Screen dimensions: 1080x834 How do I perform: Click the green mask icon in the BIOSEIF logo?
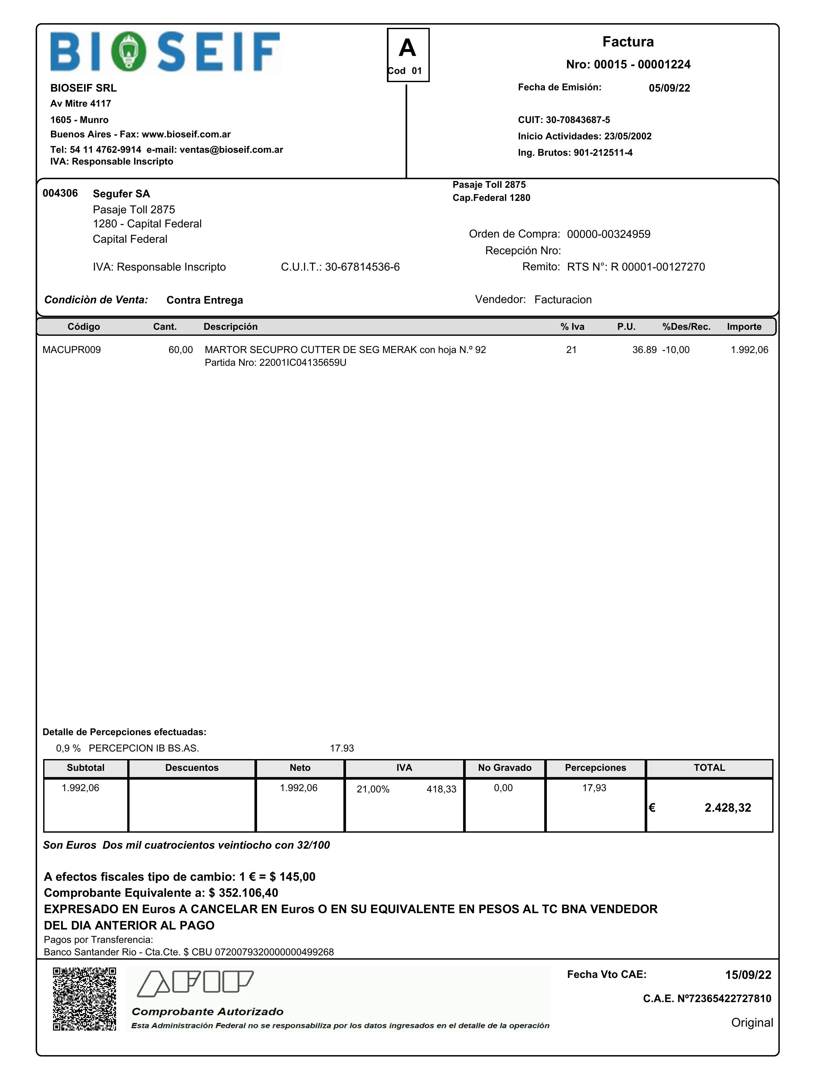[129, 51]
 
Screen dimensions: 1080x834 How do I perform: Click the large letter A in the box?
[408, 48]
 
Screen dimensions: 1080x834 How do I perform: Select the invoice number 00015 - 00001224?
[628, 64]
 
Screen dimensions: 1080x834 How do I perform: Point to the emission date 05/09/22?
[669, 88]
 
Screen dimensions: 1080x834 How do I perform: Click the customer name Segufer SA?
[121, 194]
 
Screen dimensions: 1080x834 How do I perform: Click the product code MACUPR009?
[72, 350]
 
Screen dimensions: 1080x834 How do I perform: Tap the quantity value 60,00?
[181, 350]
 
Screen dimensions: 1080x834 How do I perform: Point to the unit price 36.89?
[644, 350]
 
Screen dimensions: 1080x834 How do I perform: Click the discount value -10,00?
[676, 350]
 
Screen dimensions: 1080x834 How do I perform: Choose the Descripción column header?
[230, 327]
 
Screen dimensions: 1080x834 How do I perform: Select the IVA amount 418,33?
[442, 789]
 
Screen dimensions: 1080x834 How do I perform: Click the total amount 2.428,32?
[728, 807]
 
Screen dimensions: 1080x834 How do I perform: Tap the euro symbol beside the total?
[652, 807]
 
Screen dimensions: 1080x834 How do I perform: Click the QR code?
[84, 999]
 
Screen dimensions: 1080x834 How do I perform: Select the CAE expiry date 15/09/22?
[748, 975]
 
